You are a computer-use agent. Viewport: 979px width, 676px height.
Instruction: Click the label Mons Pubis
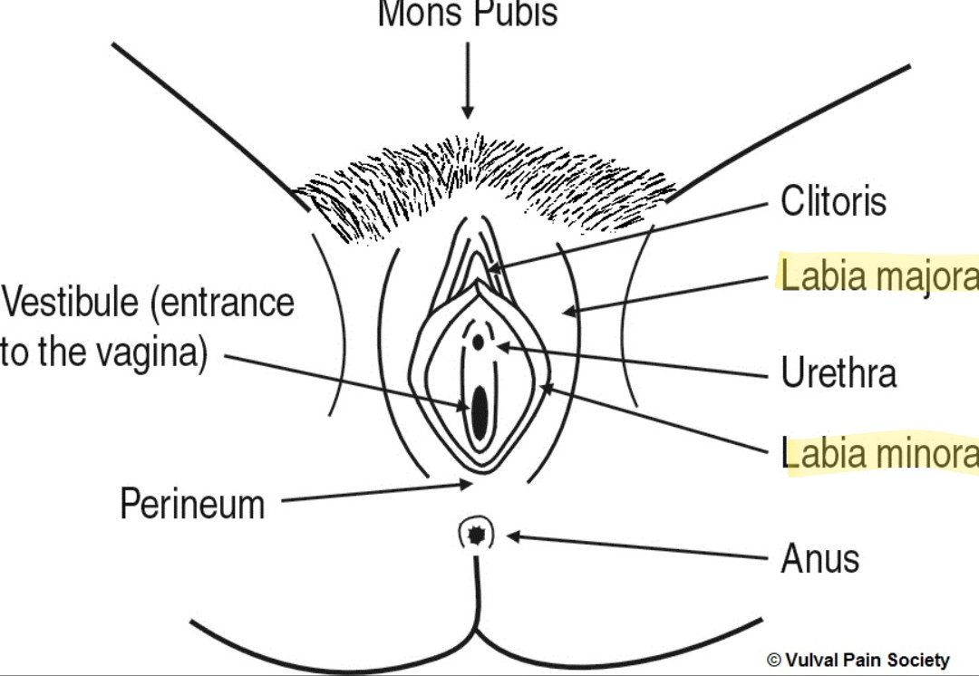(467, 13)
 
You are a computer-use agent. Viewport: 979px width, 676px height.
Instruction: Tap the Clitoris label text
(833, 201)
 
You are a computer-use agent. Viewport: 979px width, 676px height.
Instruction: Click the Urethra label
(838, 372)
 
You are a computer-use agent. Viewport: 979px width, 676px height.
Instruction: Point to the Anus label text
(819, 558)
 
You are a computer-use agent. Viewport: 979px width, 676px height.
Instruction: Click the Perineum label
(192, 504)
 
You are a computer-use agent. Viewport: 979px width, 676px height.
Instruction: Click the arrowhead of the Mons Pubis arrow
(467, 114)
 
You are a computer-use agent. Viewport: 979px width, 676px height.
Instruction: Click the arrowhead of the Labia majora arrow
(567, 313)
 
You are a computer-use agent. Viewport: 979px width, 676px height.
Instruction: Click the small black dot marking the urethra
(478, 343)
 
